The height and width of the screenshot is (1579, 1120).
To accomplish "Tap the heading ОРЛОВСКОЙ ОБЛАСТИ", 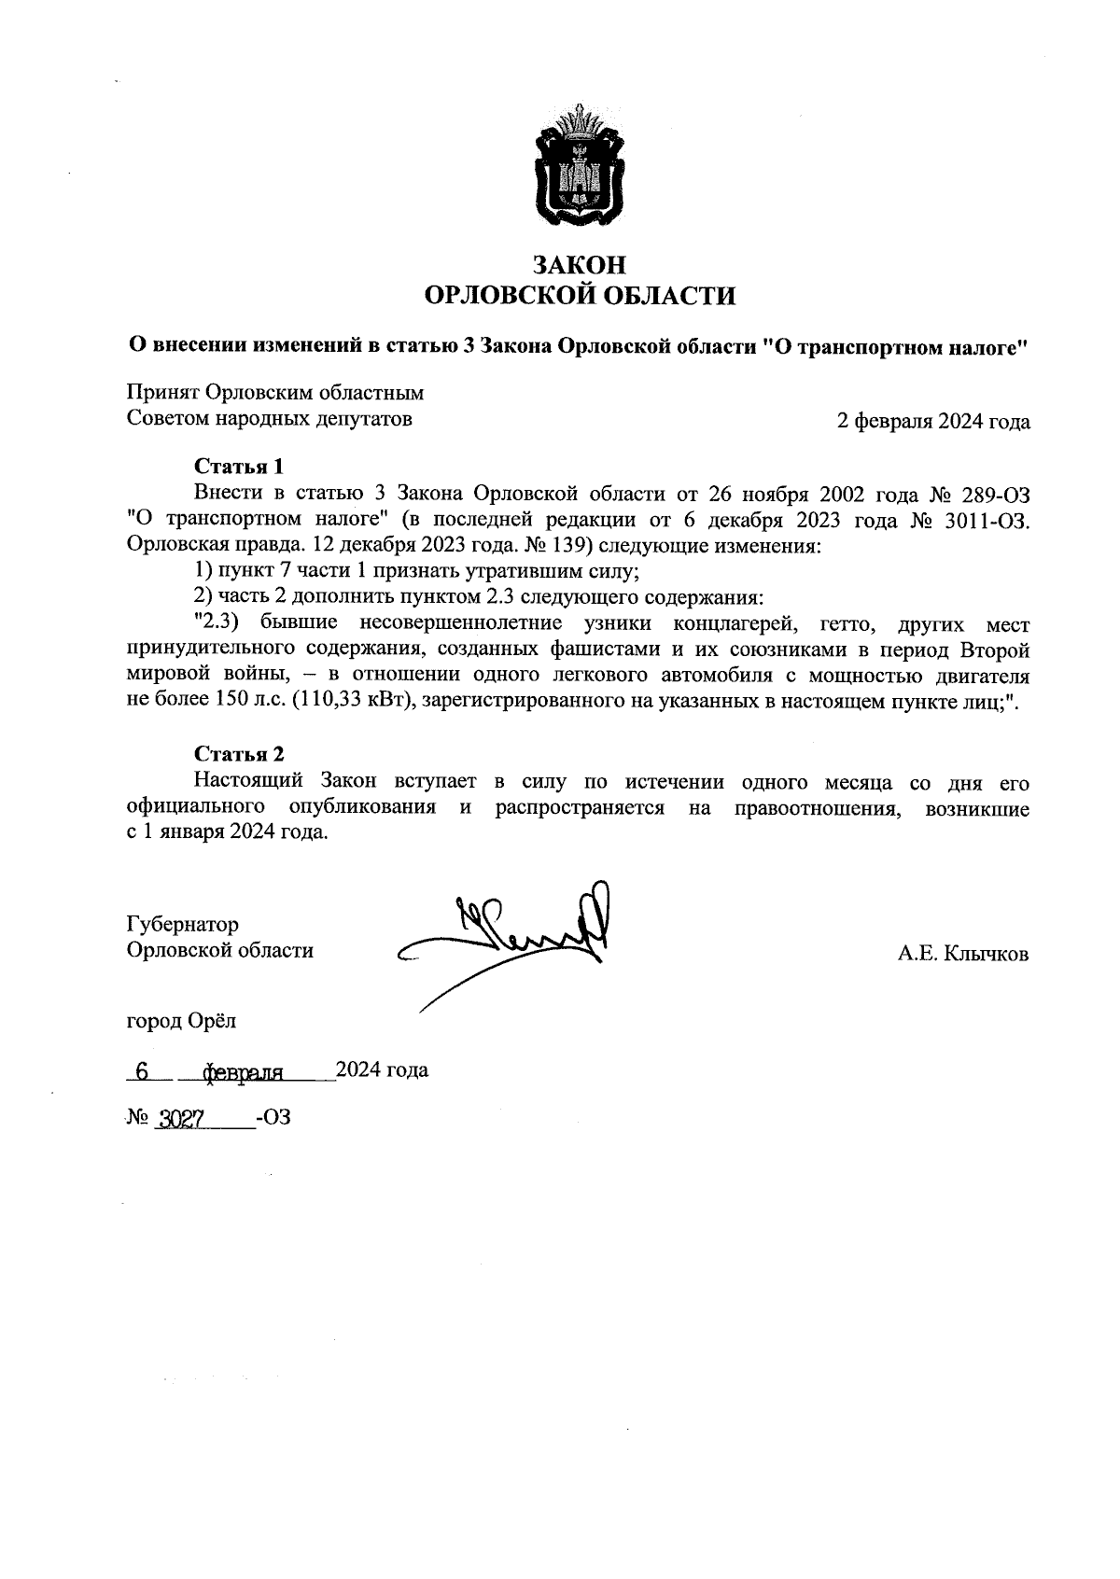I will [x=579, y=297].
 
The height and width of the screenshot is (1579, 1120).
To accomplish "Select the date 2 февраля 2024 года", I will [x=933, y=421].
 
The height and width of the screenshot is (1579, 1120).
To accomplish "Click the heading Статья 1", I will [x=238, y=466].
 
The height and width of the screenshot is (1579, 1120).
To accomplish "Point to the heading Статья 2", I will [x=238, y=754].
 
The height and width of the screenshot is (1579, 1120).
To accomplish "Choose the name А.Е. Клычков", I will [x=963, y=954].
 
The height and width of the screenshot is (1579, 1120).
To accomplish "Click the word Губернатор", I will [x=182, y=924].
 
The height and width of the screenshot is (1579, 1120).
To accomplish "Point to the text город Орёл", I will [x=181, y=1021].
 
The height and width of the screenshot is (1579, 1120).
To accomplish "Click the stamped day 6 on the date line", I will [x=142, y=1072].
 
